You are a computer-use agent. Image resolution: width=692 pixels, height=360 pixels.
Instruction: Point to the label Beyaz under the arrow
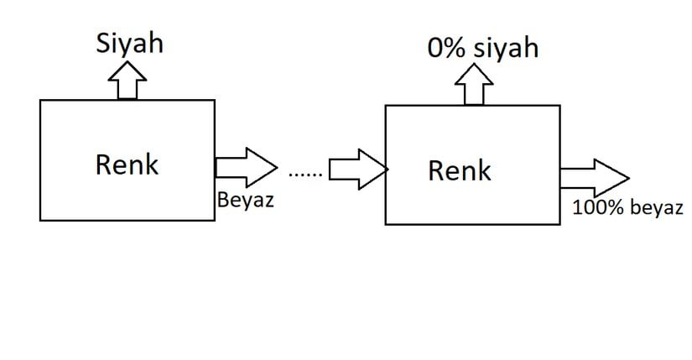point(245,201)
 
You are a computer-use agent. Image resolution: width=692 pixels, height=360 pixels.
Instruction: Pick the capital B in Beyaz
point(222,201)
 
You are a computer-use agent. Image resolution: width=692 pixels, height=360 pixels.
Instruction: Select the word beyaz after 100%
point(657,209)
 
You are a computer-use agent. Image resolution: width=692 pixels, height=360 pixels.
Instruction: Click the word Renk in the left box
point(127,164)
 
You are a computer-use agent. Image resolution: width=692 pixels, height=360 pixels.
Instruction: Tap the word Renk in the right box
point(460,170)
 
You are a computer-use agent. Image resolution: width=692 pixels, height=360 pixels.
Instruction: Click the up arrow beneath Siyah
point(127,81)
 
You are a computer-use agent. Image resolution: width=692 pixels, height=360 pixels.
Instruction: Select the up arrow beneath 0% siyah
point(474,86)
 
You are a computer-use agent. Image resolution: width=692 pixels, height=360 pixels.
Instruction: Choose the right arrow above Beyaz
point(245,166)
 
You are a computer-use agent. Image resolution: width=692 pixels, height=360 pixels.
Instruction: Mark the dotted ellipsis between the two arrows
point(304,175)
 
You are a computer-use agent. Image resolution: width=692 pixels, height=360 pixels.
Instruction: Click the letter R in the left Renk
point(103,164)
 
